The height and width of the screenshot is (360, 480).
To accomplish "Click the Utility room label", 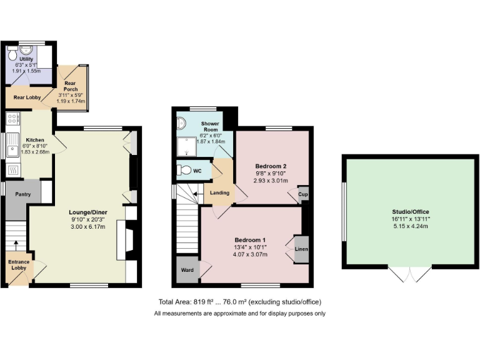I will point(26,59).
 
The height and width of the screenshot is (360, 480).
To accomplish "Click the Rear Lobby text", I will point(27,97).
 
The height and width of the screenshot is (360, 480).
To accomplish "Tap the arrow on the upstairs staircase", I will point(195,194).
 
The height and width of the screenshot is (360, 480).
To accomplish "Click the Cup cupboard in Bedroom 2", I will point(303,194).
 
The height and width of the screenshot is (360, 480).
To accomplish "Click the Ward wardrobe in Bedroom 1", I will point(186,271).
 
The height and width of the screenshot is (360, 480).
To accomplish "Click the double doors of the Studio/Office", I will point(410,274).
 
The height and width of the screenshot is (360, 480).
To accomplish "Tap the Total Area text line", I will point(239,302).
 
